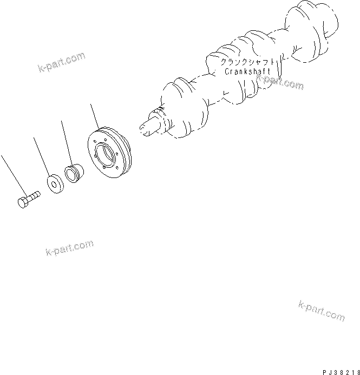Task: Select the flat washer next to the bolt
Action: (x=55, y=183)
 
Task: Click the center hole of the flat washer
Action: (x=55, y=183)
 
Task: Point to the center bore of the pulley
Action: (x=107, y=156)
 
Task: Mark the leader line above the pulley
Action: (x=96, y=116)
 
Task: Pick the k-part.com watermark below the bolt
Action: (x=70, y=249)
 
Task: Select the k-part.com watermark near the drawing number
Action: (x=321, y=310)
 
